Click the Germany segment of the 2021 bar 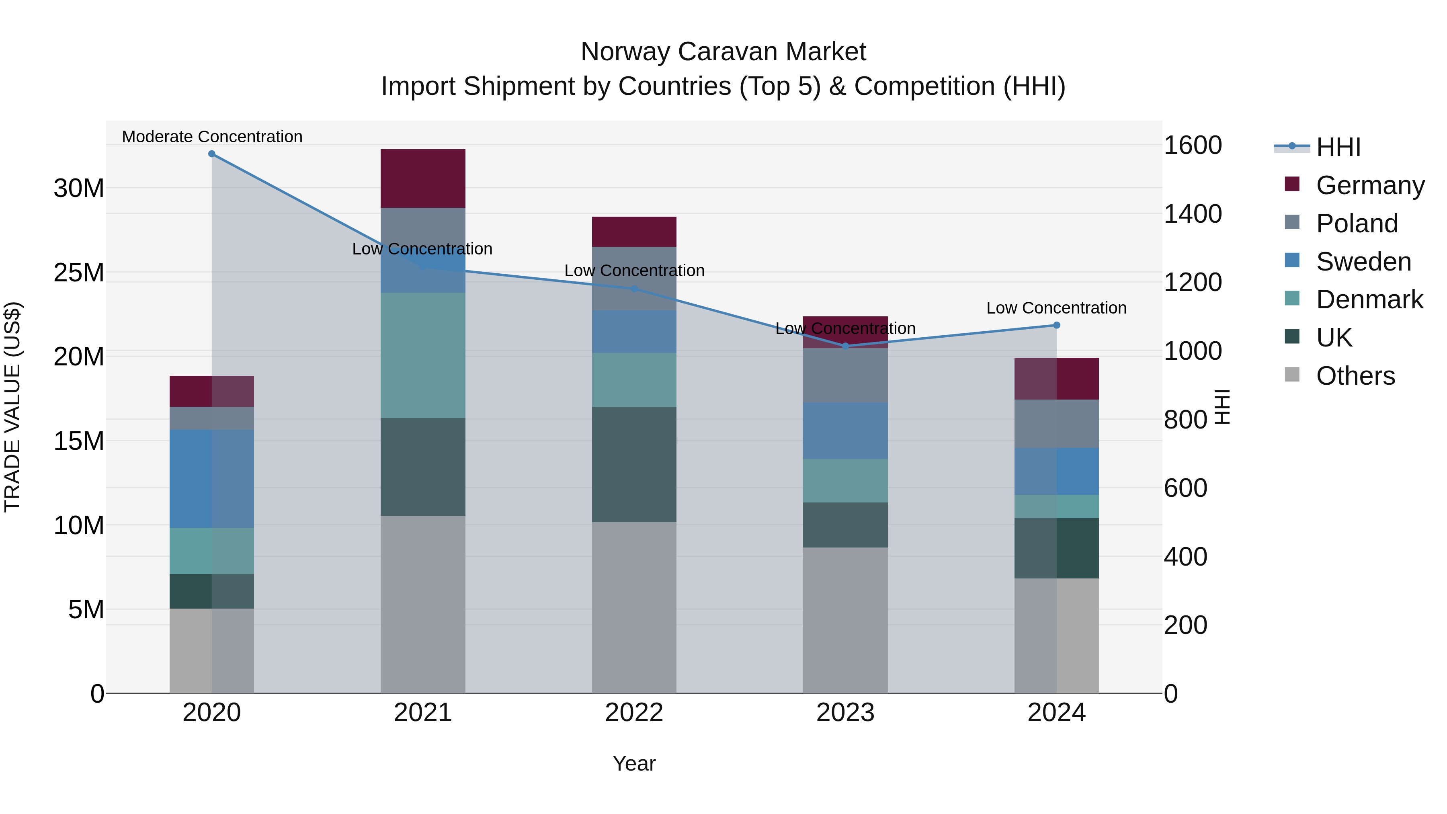(422, 178)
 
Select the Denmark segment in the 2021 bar (422, 355)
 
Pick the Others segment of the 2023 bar (845, 620)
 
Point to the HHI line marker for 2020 (212, 154)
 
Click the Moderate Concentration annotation (212, 137)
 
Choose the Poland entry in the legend (1357, 223)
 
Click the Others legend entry (1355, 376)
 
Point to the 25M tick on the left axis (79, 273)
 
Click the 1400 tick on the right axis (1192, 214)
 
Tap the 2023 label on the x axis (845, 713)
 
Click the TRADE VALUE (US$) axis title (12, 407)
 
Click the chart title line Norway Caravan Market (723, 52)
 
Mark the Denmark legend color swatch (1292, 298)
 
